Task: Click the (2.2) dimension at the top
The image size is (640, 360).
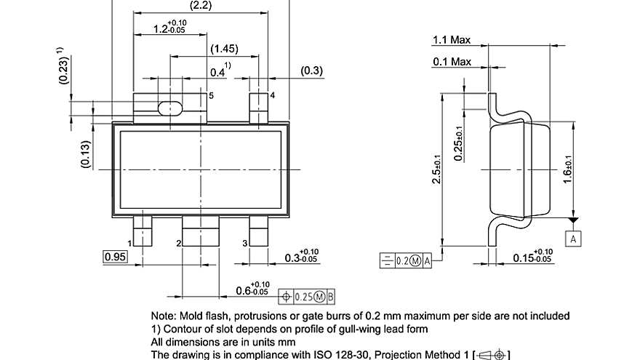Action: click(200, 6)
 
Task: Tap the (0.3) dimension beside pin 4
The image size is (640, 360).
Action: click(312, 71)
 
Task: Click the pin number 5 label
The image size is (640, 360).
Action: click(211, 95)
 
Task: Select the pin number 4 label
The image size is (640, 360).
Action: click(272, 95)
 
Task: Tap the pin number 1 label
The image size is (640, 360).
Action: click(129, 242)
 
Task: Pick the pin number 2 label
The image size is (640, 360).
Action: click(178, 242)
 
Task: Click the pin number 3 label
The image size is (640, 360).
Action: click(244, 242)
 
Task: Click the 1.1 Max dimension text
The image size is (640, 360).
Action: click(452, 40)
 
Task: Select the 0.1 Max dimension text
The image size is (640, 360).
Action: click(452, 62)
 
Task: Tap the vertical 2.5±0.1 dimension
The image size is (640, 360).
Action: click(435, 169)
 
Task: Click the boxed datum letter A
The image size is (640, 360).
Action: click(573, 238)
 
